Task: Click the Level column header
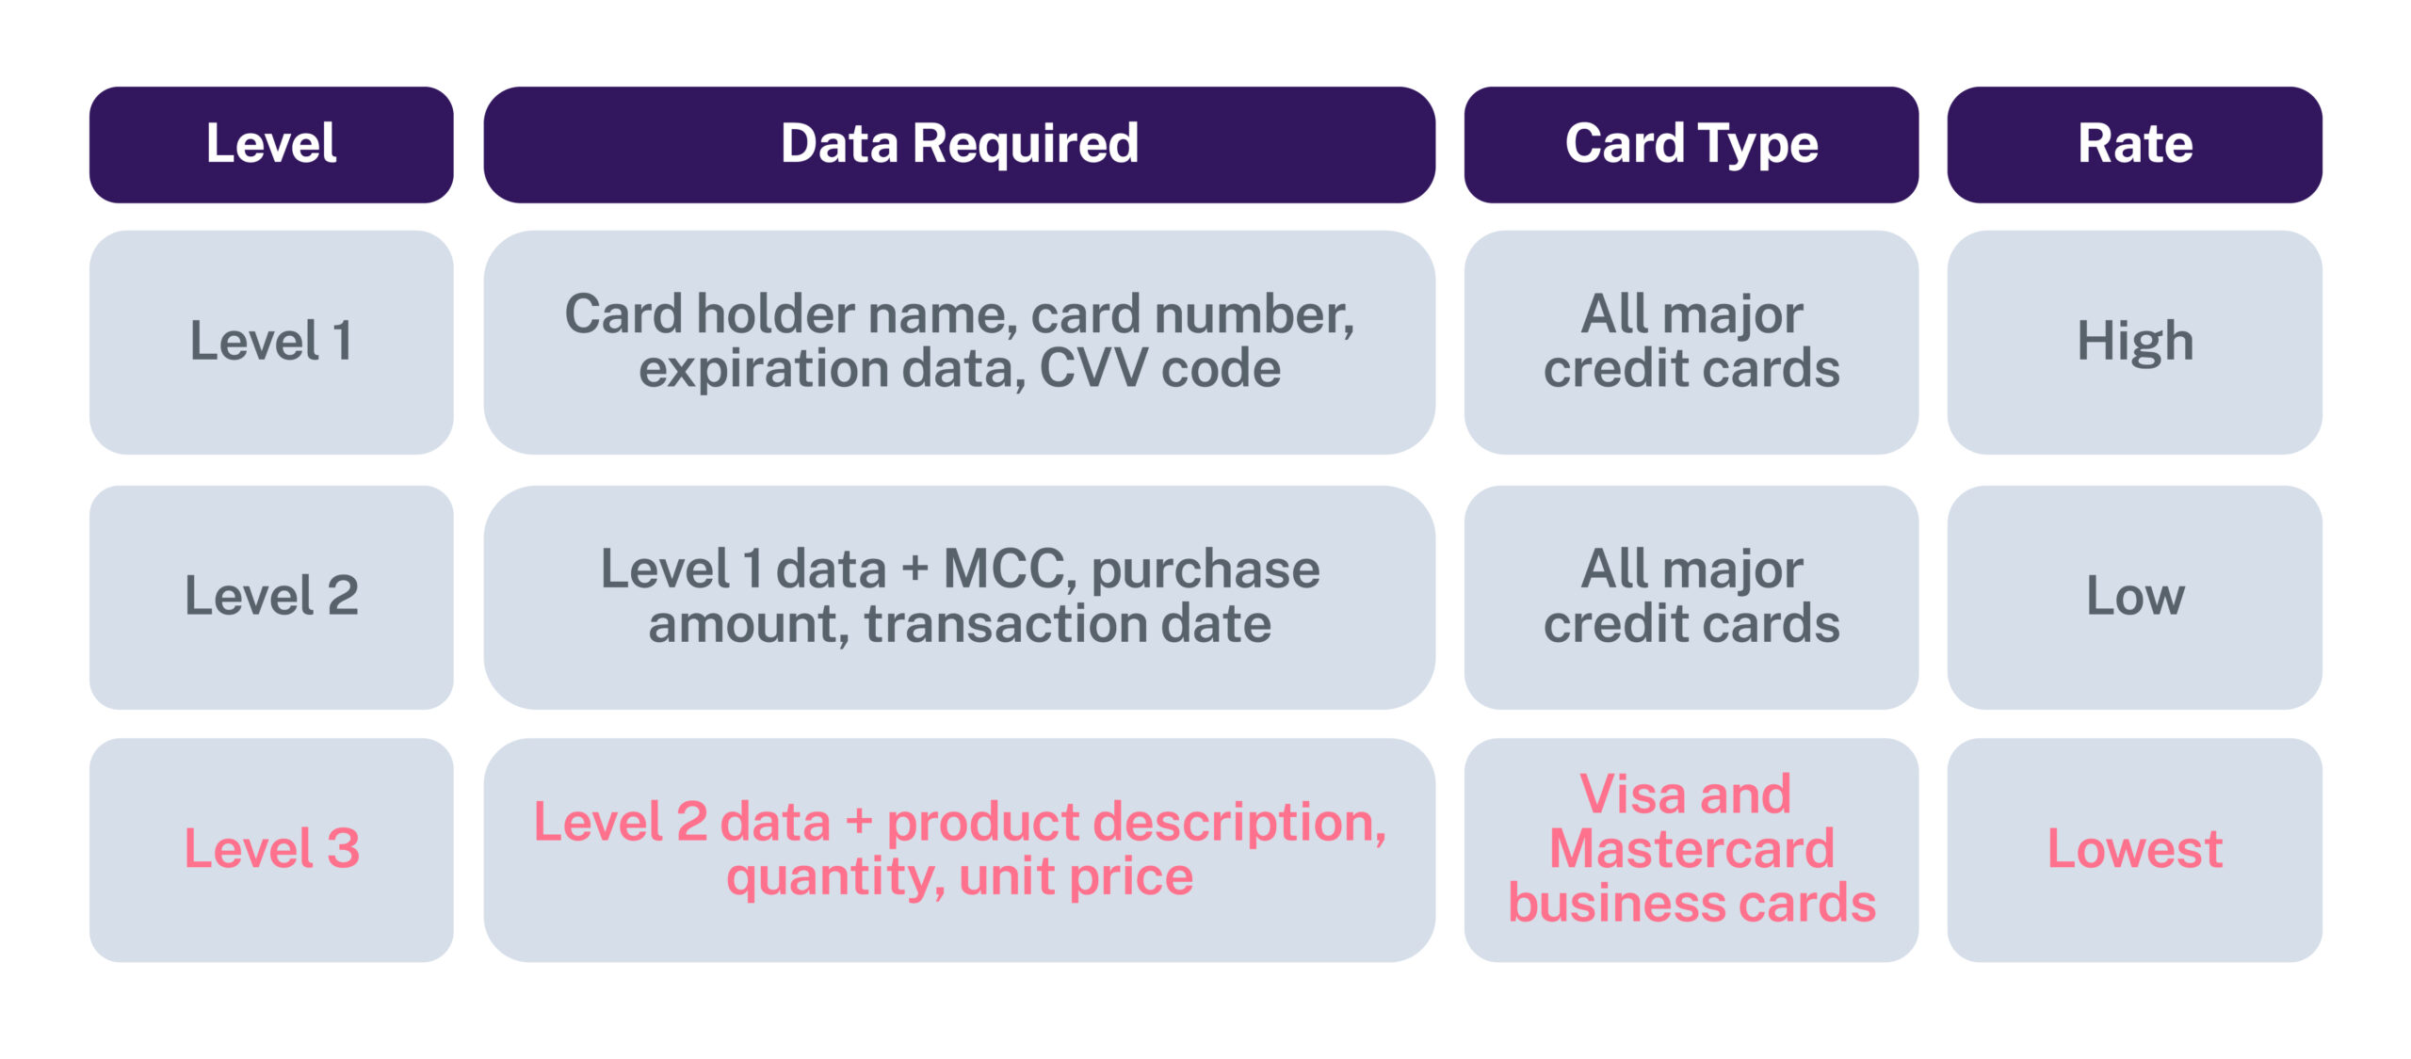click(271, 145)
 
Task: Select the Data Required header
click(960, 145)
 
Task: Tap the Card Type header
click(1691, 145)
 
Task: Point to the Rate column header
click(2135, 145)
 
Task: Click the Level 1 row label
click(271, 342)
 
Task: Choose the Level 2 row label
click(271, 597)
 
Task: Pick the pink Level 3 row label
click(271, 849)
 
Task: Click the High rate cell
click(2135, 342)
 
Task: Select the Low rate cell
click(2135, 597)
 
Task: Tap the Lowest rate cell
click(2135, 849)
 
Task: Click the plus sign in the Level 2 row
click(914, 570)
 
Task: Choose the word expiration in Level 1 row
click(764, 370)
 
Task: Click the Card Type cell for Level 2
click(1691, 597)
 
